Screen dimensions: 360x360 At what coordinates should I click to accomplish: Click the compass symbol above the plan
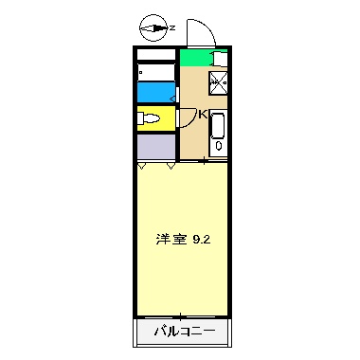(152, 27)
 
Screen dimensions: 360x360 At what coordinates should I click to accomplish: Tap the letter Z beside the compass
(172, 27)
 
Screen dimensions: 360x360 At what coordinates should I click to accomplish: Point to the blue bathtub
(154, 93)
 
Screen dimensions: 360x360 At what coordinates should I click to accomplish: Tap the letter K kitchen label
(202, 116)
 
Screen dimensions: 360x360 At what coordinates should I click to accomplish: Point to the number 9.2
(201, 239)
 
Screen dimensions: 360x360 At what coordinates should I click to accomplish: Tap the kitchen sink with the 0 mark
(217, 134)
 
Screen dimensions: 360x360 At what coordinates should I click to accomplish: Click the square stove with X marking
(217, 81)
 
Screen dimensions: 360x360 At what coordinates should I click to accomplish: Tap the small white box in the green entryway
(217, 58)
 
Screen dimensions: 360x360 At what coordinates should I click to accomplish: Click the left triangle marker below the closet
(142, 167)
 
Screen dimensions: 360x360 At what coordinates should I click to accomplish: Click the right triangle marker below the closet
(171, 167)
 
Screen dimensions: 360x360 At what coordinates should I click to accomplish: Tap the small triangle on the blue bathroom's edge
(173, 93)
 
